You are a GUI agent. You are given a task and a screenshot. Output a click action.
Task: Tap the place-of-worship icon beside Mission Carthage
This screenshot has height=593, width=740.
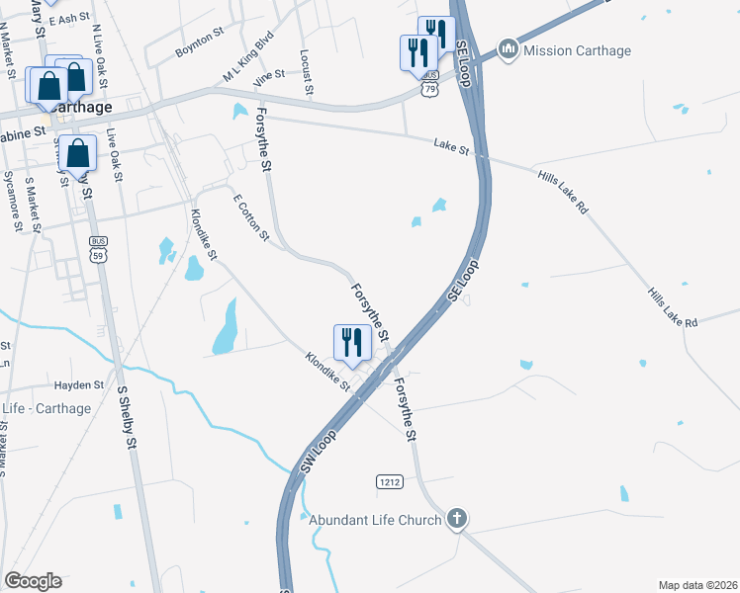coord(509,48)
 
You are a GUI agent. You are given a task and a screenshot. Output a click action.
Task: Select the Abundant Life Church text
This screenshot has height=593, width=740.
coord(375,520)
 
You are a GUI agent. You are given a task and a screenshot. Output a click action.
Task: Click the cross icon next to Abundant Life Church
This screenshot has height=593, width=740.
coord(456,518)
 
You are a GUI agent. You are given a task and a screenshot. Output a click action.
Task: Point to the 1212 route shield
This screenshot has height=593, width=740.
coord(389,481)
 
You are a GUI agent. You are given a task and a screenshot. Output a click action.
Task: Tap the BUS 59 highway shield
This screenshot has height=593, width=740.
coord(97,248)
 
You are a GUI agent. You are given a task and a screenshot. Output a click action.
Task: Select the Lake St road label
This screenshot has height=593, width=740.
coord(450,146)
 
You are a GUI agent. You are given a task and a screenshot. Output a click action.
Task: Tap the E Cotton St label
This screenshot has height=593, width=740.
coord(250,216)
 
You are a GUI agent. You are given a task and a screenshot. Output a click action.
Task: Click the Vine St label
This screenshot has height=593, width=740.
coord(268,74)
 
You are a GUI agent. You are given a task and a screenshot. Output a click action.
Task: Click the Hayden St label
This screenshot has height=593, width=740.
coord(78,385)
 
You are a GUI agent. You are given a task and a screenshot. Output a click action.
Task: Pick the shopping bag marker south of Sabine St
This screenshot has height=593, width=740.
coord(77,155)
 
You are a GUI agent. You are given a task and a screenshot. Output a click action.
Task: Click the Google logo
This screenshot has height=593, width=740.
coord(33,580)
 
